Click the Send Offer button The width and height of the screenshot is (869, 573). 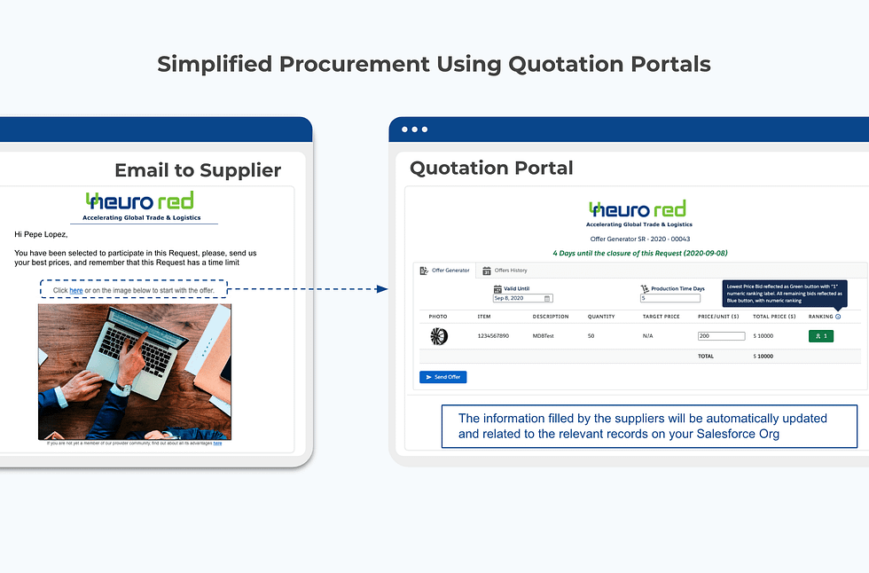pyautogui.click(x=442, y=377)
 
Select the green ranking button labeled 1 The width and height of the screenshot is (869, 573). pyautogui.click(x=821, y=336)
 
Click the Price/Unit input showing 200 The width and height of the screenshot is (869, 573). pyautogui.click(x=721, y=336)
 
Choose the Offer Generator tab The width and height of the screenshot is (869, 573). pyautogui.click(x=445, y=271)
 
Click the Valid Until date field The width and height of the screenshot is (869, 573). pyautogui.click(x=522, y=299)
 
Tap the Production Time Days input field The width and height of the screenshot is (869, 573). pyautogui.click(x=669, y=299)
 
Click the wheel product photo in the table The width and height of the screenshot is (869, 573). pyautogui.click(x=438, y=336)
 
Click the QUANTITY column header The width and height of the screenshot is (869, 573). pyautogui.click(x=601, y=317)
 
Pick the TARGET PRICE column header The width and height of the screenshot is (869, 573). pyautogui.click(x=661, y=317)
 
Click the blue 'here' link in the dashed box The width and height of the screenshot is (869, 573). pyautogui.click(x=76, y=291)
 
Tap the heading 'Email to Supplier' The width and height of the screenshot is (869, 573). pyautogui.click(x=198, y=170)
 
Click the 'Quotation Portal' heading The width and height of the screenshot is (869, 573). pyautogui.click(x=491, y=168)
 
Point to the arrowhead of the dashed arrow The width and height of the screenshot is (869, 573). pyautogui.click(x=382, y=289)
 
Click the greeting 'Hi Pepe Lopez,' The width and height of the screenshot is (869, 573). pyautogui.click(x=41, y=234)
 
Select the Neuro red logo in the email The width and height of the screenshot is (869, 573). pyautogui.click(x=140, y=204)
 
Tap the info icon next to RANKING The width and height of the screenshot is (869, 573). pyautogui.click(x=838, y=317)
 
